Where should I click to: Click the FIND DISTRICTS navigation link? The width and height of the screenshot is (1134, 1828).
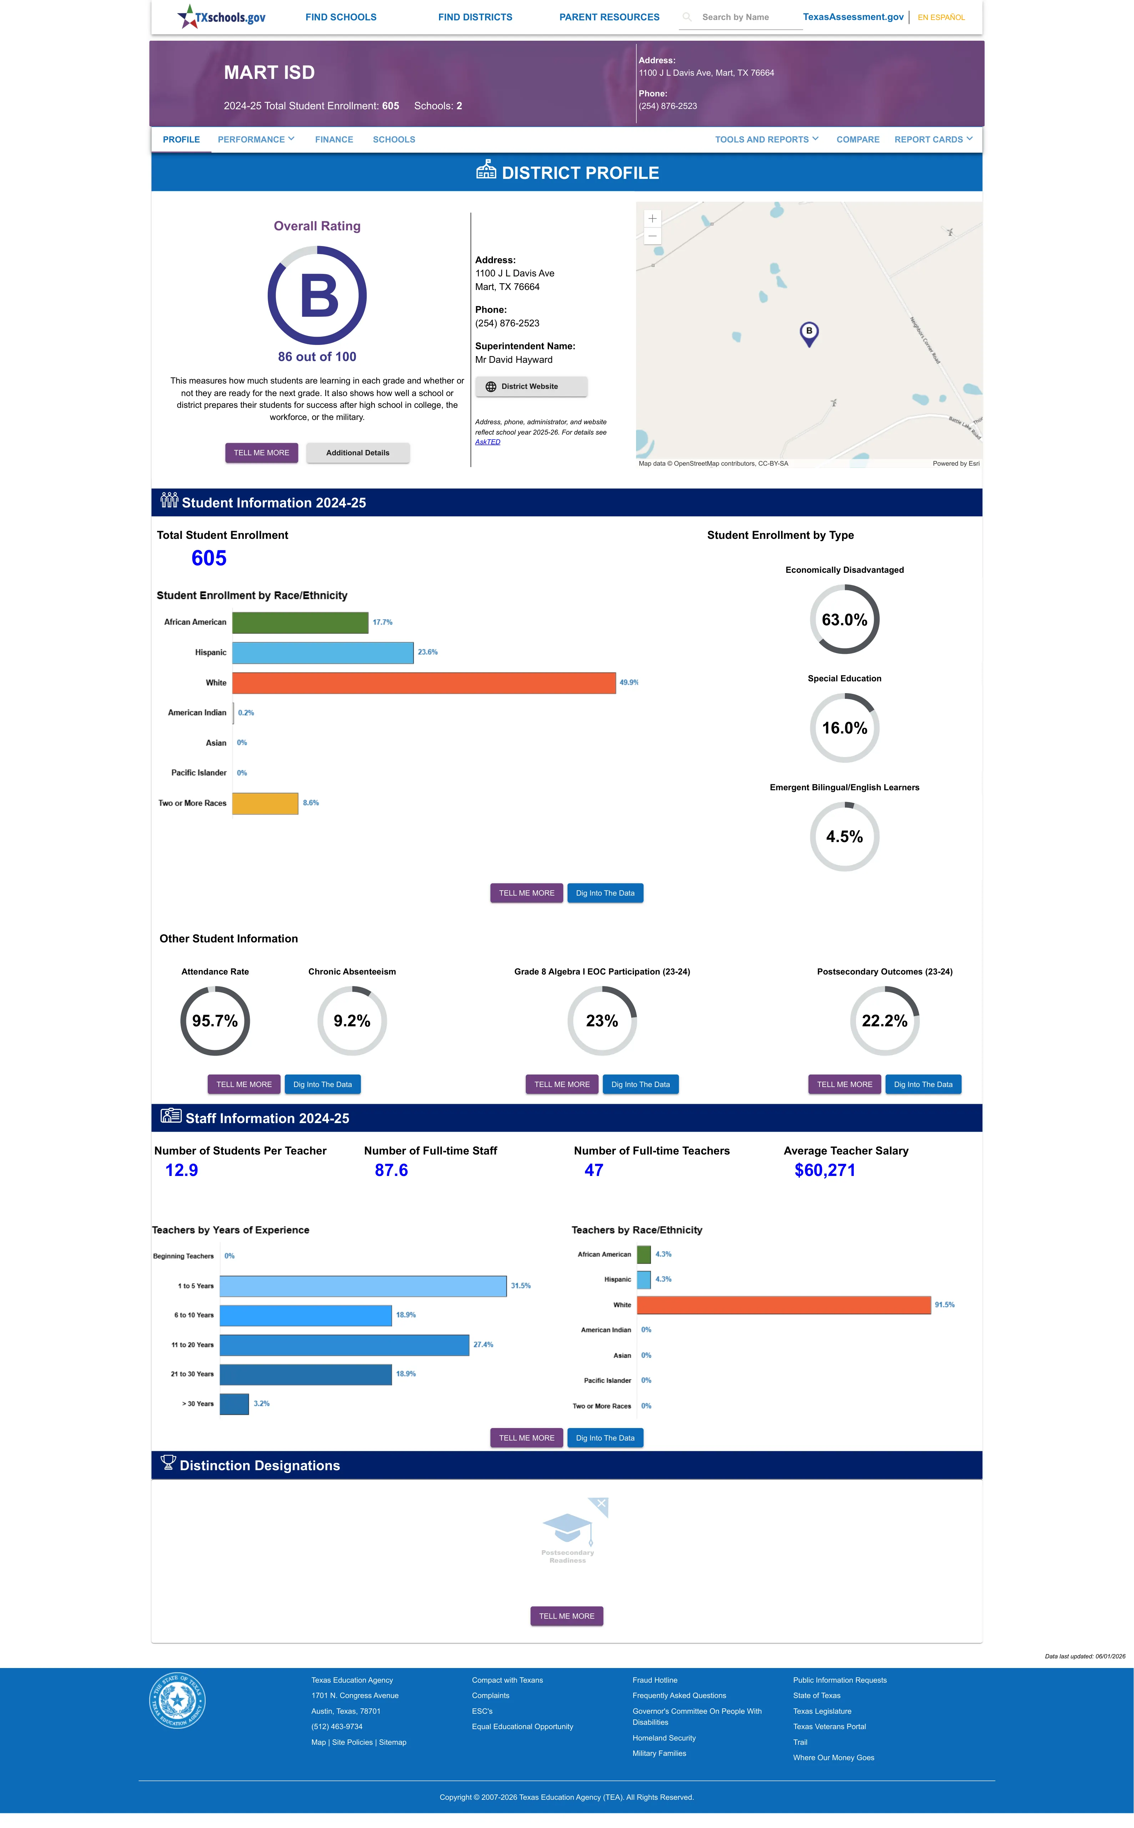pos(475,17)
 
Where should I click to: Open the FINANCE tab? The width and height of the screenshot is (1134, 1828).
pos(334,140)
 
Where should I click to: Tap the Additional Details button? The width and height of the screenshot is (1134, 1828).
pos(358,453)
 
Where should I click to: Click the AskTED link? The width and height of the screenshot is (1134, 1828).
pos(488,442)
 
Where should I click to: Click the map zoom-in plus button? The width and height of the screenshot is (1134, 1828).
pos(652,218)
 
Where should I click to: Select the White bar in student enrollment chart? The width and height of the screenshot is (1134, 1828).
pos(424,682)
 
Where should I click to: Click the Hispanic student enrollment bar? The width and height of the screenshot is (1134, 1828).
pos(323,652)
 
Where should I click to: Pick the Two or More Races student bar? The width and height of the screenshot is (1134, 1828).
pos(265,803)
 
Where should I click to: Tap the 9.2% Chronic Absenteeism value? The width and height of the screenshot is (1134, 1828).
pos(352,1021)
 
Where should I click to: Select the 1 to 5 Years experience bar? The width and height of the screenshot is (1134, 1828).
pos(363,1286)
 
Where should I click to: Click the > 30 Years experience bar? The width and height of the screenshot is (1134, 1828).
pos(234,1403)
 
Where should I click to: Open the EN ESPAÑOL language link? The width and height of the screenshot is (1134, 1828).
pos(941,17)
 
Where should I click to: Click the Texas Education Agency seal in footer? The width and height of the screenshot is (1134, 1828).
pos(177,1700)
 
